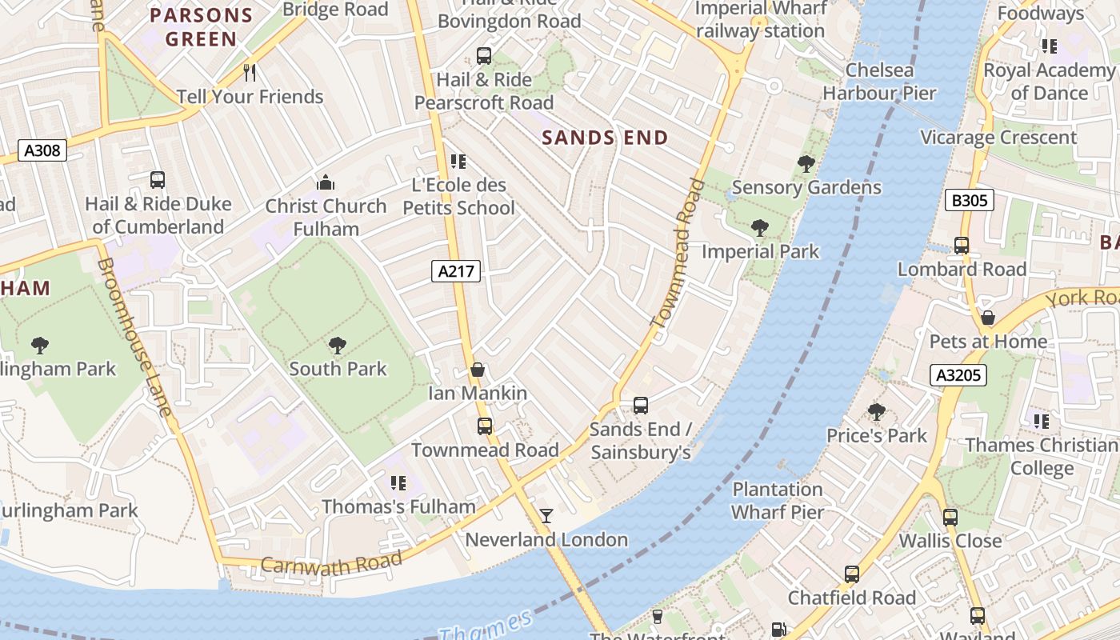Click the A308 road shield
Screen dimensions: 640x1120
42,150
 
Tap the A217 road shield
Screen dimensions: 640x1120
457,271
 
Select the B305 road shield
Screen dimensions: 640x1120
969,200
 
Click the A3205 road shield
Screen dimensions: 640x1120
958,375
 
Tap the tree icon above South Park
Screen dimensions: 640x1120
338,346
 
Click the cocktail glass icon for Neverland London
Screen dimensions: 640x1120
546,516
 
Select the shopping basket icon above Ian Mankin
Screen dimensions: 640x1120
478,370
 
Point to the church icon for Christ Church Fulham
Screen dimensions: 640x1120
326,183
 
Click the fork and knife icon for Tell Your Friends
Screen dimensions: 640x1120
250,73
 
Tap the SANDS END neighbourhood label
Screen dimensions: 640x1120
605,138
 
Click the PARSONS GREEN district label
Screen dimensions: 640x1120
202,27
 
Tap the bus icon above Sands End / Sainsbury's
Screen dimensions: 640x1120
640,406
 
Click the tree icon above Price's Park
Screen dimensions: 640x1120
877,412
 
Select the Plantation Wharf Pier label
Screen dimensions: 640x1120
778,501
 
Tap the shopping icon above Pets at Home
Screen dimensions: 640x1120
988,318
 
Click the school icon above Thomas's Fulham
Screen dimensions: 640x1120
398,483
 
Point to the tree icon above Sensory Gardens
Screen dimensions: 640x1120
806,164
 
